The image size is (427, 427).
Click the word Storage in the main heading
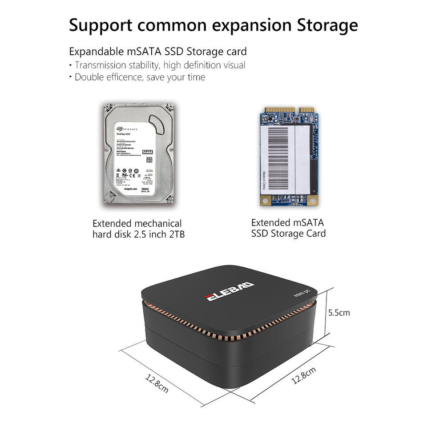point(327,25)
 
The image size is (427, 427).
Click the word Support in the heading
point(100,26)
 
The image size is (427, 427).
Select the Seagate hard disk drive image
point(137,154)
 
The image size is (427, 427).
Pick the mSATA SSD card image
point(289,156)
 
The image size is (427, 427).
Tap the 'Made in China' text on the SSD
point(264,180)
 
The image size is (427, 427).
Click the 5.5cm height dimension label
point(339,313)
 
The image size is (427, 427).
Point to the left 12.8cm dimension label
point(157,383)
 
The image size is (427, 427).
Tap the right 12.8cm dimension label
point(304,375)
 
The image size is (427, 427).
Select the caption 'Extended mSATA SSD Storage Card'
point(288,228)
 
